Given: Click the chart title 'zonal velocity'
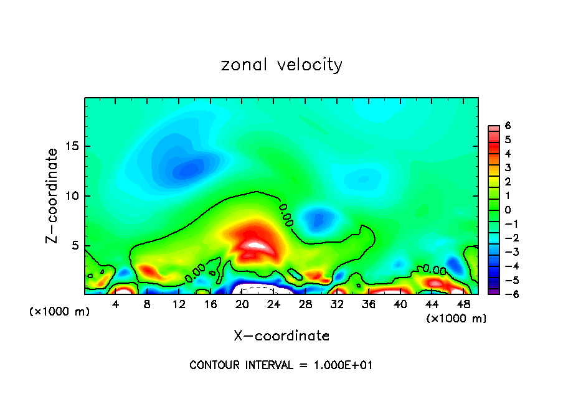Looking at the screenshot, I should coord(281,65).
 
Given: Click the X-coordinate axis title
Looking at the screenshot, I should coord(281,336).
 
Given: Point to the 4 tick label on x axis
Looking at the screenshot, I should coord(116,304).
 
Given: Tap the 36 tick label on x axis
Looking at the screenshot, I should coord(369,304).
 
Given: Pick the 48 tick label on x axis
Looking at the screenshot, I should coord(463,304).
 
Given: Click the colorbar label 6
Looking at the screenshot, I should coord(508,126).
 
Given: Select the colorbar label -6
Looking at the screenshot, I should coord(505,293).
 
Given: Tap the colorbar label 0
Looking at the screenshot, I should coord(508,209).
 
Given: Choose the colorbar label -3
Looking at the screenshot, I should coord(505,251).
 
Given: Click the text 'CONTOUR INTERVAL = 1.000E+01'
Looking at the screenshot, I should coord(281,365).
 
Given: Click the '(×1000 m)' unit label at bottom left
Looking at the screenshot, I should coord(60,312).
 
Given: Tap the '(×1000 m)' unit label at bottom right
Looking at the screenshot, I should coord(457,319).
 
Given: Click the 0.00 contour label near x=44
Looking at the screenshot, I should coord(435,270).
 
